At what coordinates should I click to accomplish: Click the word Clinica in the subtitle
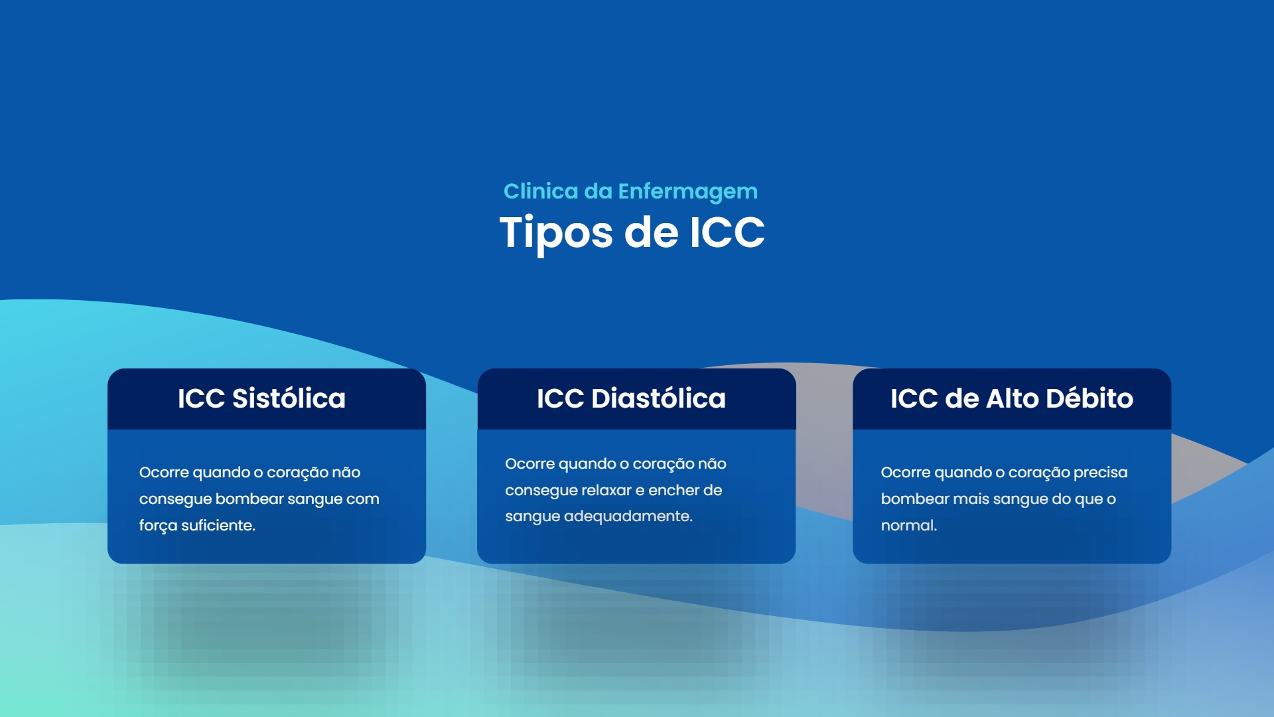click(x=541, y=191)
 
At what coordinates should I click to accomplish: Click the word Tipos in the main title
click(x=556, y=234)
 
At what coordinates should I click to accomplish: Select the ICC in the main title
click(x=727, y=232)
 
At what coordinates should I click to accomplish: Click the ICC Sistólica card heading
click(x=261, y=398)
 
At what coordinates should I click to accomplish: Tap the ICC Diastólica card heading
click(x=631, y=398)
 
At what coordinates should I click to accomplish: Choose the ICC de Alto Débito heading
click(x=1011, y=398)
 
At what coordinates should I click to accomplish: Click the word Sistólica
click(x=289, y=398)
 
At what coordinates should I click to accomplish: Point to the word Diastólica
click(x=658, y=398)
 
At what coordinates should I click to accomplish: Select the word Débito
click(x=1090, y=398)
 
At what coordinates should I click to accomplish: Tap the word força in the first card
click(x=158, y=526)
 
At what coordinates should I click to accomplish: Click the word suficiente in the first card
click(x=218, y=525)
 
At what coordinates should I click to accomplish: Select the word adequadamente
click(x=628, y=517)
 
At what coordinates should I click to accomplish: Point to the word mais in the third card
click(x=969, y=499)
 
